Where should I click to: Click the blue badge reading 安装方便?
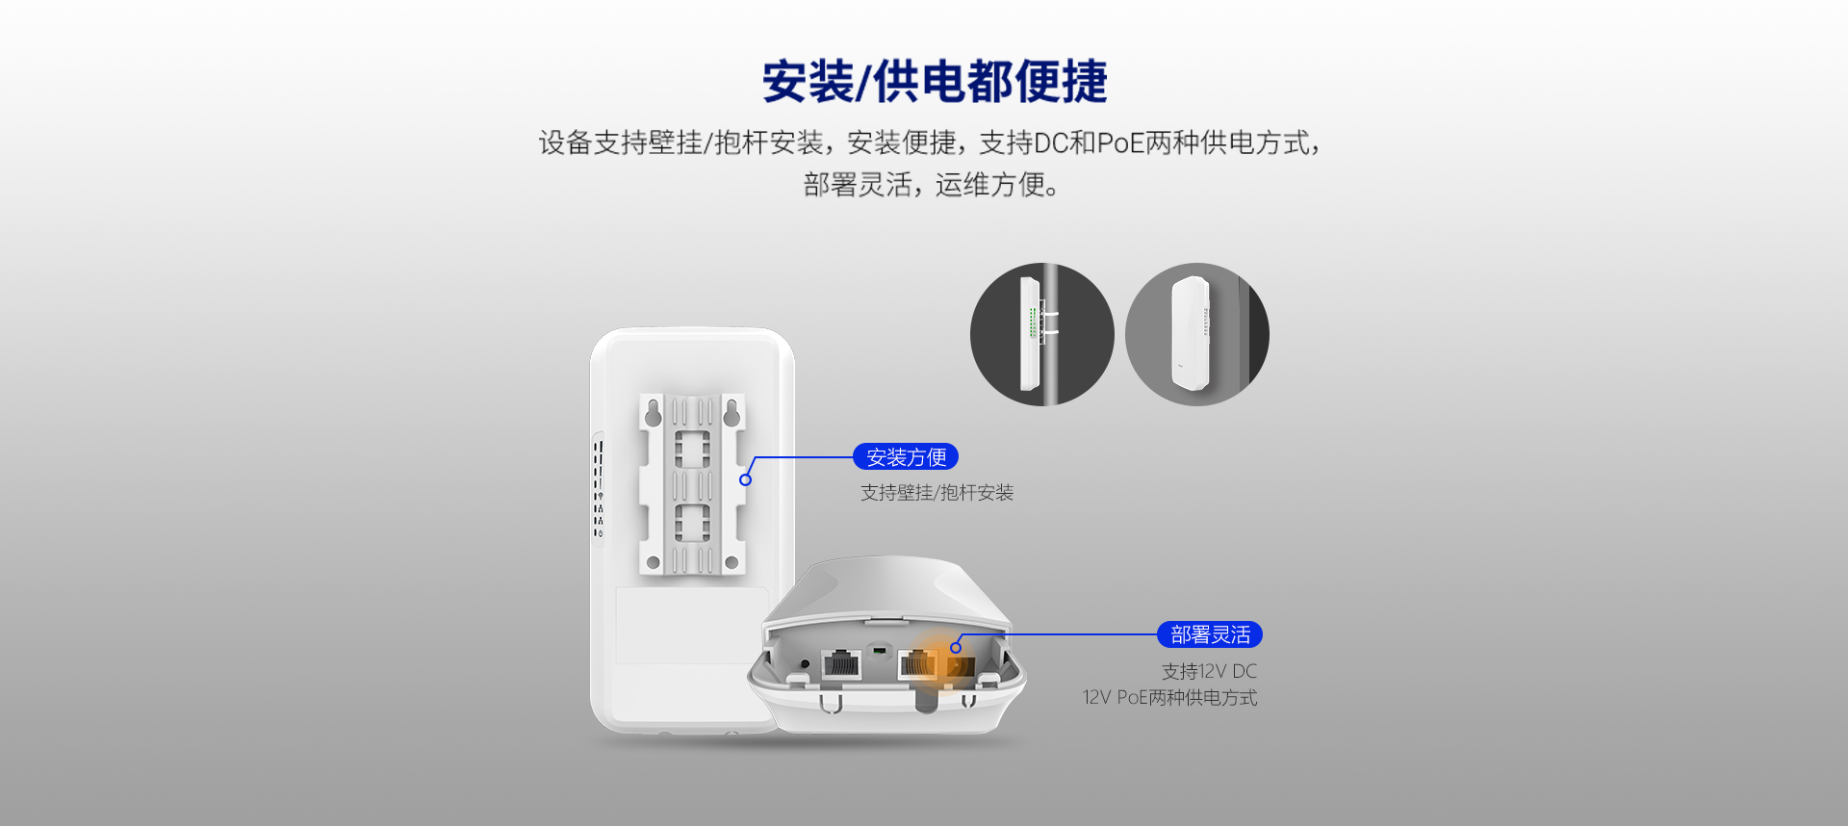tap(906, 456)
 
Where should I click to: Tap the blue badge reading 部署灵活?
tap(1210, 634)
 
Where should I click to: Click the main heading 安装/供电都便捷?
tap(935, 81)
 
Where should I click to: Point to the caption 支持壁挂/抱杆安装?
tap(937, 493)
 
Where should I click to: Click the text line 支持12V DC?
tap(1209, 671)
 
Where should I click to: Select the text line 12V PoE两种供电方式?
tap(1169, 697)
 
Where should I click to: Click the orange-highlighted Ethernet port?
tap(917, 664)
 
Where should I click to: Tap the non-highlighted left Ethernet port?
tap(841, 664)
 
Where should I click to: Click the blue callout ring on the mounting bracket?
tap(745, 479)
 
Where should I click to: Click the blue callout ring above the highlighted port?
tap(956, 647)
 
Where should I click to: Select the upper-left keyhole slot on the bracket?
tap(654, 412)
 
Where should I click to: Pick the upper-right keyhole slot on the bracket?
tap(731, 412)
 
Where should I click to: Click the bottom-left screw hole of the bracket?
tap(654, 562)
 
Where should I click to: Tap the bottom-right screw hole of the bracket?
tap(731, 562)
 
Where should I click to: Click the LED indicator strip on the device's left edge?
tap(598, 489)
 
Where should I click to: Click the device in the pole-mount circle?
tap(1029, 334)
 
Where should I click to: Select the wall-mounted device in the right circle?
tap(1191, 333)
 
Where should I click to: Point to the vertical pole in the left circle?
tap(1050, 334)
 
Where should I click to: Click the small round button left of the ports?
tap(806, 663)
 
